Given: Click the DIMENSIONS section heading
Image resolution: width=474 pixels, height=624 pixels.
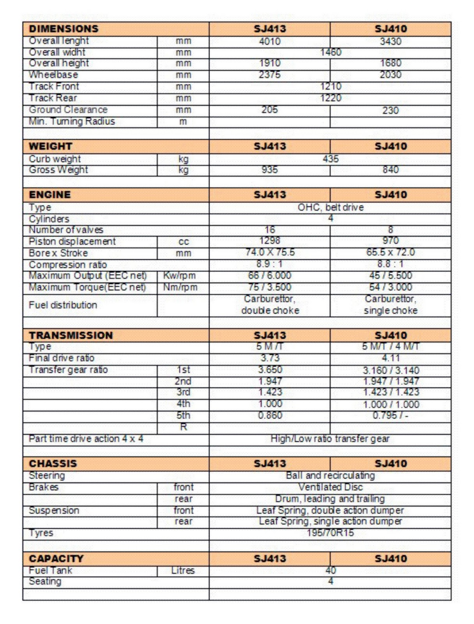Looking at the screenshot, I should (x=64, y=29).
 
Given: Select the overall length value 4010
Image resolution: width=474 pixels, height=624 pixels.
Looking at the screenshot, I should (x=269, y=41).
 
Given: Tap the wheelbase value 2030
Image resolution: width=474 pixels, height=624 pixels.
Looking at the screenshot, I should (x=390, y=74).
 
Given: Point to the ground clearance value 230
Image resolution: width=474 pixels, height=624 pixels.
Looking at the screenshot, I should (x=390, y=110).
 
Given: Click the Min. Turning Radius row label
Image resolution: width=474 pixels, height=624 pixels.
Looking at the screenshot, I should (x=72, y=122).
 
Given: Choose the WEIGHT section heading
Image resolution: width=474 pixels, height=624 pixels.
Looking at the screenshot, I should (x=50, y=147).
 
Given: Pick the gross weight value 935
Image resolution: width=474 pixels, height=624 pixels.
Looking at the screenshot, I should (x=269, y=170).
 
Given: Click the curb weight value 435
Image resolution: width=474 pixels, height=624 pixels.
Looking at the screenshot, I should (x=330, y=159).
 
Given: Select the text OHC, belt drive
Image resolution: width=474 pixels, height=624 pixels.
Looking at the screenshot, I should (x=330, y=207).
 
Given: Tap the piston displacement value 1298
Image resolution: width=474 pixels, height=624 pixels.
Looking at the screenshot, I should (x=269, y=241).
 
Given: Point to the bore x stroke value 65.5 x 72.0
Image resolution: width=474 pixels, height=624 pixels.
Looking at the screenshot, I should (x=390, y=252).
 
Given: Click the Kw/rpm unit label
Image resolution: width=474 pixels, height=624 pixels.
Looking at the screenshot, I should (x=179, y=276).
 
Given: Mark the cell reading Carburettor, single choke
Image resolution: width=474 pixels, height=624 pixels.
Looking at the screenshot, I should (x=390, y=305).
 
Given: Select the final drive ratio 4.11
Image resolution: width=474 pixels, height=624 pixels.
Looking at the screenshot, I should (x=390, y=358).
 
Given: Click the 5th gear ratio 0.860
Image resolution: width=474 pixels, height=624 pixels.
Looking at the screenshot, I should (x=270, y=415).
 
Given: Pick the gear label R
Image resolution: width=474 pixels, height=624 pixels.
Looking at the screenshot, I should (x=183, y=427).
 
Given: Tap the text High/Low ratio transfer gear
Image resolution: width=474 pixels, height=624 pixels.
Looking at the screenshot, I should (x=330, y=439).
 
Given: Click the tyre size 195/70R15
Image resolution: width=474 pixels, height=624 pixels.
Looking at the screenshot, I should (x=330, y=533).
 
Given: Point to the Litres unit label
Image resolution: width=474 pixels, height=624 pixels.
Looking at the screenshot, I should (x=183, y=571).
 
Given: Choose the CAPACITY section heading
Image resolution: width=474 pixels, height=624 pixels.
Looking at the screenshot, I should (x=56, y=559).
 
